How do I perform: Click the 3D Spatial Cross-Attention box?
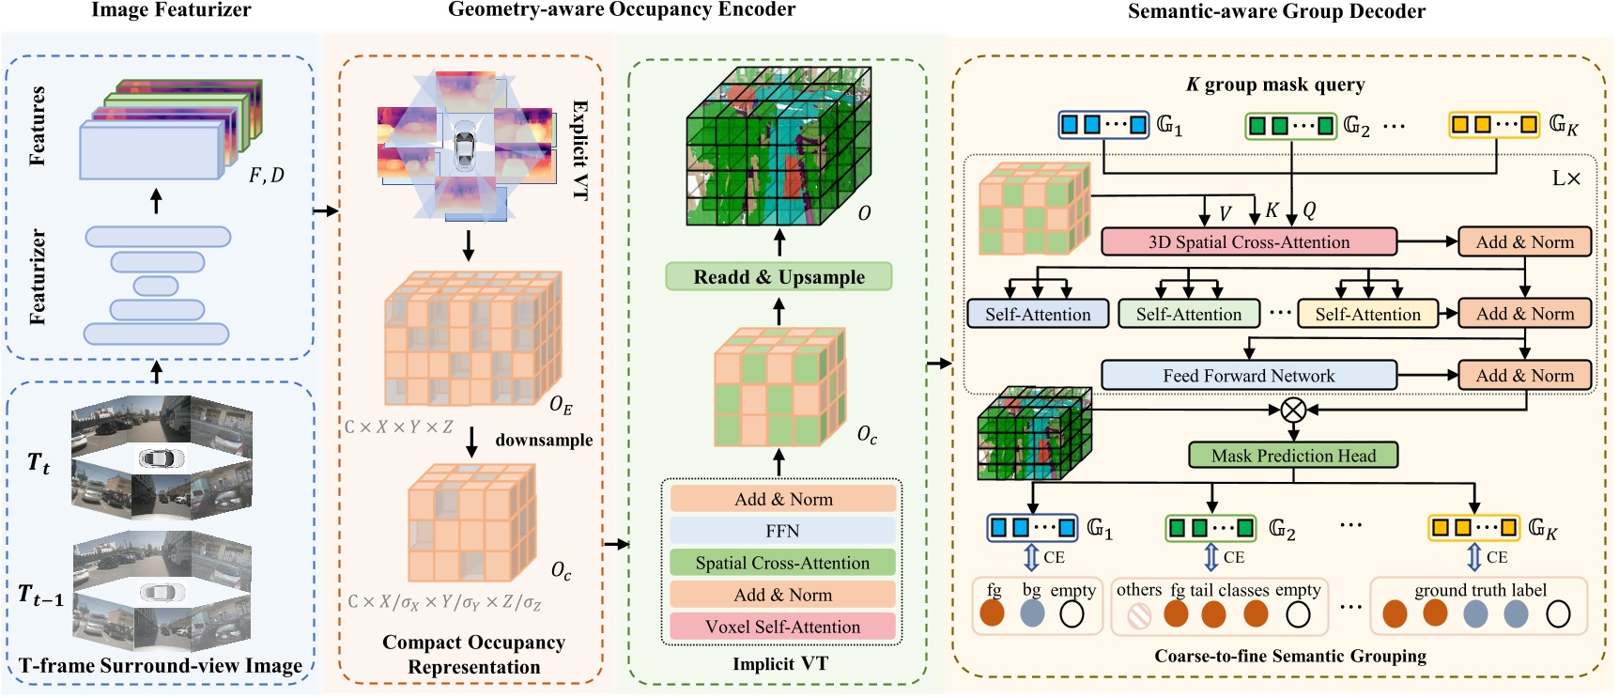click(x=1248, y=241)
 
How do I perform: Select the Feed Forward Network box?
click(x=1248, y=376)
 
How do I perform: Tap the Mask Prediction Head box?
click(x=1293, y=456)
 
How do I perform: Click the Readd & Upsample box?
click(x=779, y=277)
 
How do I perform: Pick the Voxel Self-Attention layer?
click(x=782, y=627)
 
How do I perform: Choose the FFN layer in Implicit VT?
click(x=782, y=531)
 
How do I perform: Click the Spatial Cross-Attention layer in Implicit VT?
click(x=782, y=563)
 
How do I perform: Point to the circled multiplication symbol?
click(x=1293, y=410)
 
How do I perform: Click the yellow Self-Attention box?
click(x=1367, y=314)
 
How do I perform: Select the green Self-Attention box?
click(x=1188, y=314)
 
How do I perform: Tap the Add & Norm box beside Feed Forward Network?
click(x=1524, y=376)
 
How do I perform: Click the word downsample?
click(x=544, y=440)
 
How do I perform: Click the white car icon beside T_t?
click(x=162, y=458)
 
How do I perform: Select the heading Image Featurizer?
click(x=171, y=10)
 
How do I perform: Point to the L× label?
click(x=1565, y=178)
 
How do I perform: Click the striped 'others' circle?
click(x=1139, y=615)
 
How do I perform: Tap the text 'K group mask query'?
click(x=1274, y=85)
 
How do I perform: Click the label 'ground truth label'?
click(x=1480, y=590)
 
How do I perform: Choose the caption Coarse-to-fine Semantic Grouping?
click(x=1290, y=656)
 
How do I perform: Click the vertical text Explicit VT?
click(x=580, y=150)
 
